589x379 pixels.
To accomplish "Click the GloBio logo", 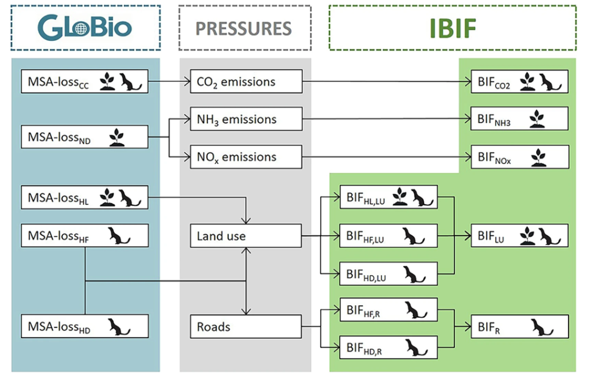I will (85, 27).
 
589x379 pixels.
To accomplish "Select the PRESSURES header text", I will (244, 28).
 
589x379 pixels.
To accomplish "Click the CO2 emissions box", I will (245, 82).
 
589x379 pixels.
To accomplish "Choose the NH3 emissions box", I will (245, 120).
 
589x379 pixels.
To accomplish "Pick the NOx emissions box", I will (245, 157).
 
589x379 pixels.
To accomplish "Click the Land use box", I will (245, 236).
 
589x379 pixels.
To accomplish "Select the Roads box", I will (245, 327).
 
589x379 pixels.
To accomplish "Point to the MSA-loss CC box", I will (84, 82).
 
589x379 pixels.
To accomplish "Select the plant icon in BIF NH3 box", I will (537, 120).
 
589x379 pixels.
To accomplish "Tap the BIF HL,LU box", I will (388, 197).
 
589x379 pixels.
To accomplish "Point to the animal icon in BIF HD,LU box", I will (414, 275).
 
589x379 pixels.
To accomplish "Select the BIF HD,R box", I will (388, 347).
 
